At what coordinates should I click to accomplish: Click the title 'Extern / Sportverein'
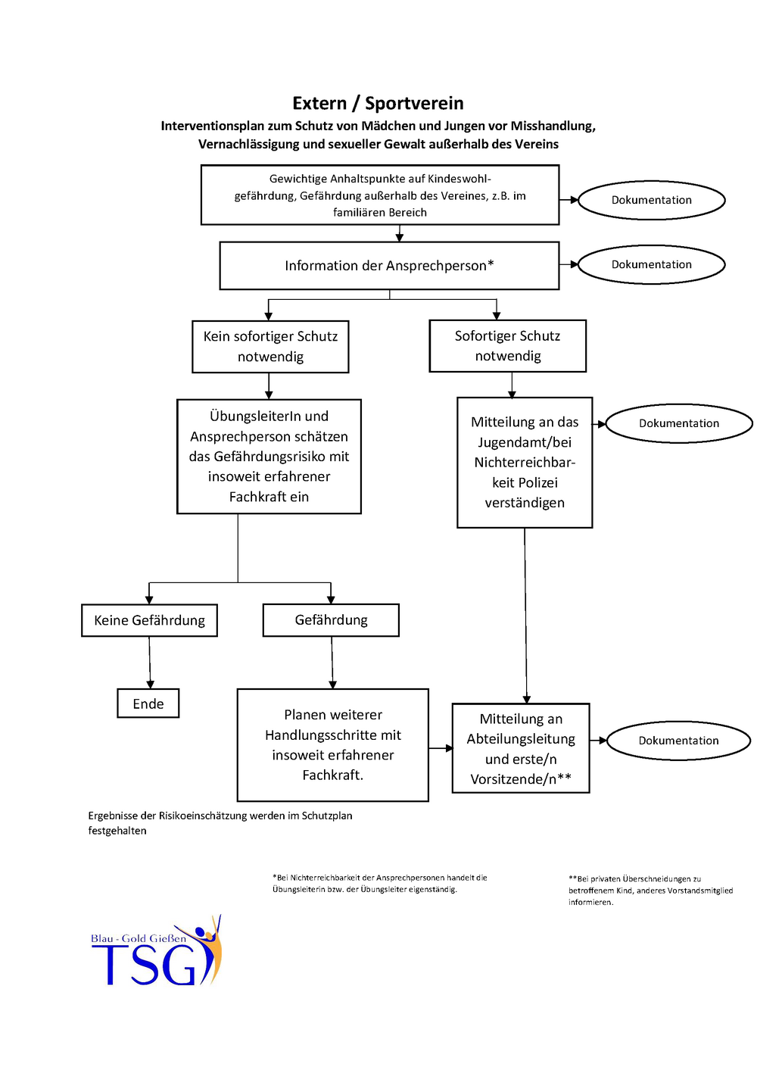click(x=378, y=103)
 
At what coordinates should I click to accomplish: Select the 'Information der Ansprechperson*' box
click(x=389, y=266)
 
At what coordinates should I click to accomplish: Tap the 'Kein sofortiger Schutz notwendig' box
click(x=270, y=347)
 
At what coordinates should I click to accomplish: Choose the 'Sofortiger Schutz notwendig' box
click(x=508, y=346)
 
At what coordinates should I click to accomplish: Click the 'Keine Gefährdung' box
click(x=149, y=620)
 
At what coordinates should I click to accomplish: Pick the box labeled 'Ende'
click(x=148, y=703)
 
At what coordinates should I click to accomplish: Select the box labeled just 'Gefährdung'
click(x=331, y=620)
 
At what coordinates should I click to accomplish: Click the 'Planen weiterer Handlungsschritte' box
click(x=333, y=744)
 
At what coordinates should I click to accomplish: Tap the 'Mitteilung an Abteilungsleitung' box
click(x=521, y=748)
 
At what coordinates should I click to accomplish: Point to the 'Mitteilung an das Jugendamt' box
click(x=525, y=463)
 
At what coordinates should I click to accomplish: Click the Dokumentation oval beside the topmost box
click(x=652, y=200)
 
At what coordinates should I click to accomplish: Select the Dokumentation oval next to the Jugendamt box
click(x=679, y=423)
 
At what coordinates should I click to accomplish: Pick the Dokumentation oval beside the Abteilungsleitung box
click(x=678, y=741)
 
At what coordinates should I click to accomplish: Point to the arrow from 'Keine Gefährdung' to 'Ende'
click(x=149, y=663)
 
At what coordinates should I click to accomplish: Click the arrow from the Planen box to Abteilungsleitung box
click(x=441, y=748)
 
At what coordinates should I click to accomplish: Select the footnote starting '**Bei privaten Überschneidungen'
click(x=650, y=891)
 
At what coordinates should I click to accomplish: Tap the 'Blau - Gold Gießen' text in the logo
click(x=139, y=938)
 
